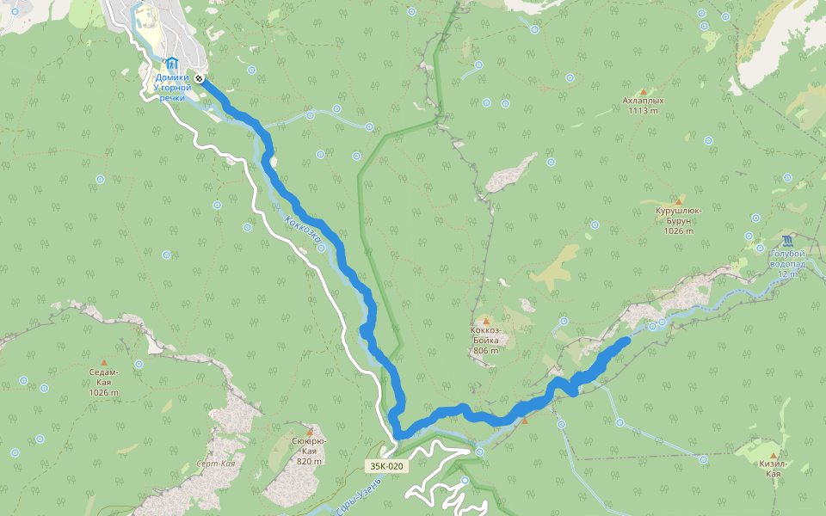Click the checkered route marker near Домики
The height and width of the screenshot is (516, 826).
199,78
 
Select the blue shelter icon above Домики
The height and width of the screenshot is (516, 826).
172,64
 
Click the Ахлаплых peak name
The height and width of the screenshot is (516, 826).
643,101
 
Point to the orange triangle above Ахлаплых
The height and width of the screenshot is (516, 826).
643,90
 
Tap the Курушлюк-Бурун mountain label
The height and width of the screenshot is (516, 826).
679,215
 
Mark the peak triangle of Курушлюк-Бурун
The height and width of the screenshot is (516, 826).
679,200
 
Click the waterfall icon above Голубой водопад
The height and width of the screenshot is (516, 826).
788,239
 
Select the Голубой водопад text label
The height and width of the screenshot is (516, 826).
788,259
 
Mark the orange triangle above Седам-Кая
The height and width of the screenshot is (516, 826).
104,362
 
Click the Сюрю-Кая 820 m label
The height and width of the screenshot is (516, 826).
309,451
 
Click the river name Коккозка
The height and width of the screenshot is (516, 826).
302,226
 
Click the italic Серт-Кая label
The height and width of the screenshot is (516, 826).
216,464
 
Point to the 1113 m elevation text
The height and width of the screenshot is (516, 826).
643,110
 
